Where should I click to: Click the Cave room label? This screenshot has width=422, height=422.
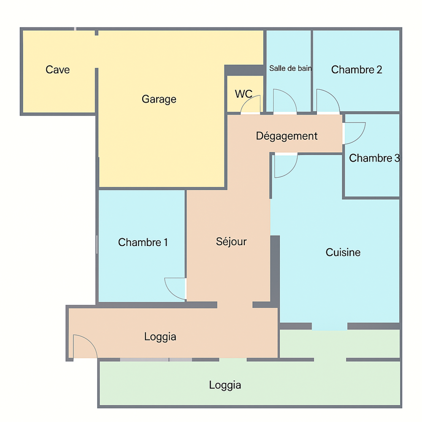point(57,70)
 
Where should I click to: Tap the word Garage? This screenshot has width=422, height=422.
point(159,99)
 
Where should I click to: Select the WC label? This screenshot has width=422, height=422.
point(243,94)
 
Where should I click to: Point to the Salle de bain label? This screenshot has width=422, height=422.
point(290,68)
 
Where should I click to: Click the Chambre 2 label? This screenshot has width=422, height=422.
point(357,70)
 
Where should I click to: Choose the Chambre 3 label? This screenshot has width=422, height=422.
point(374,158)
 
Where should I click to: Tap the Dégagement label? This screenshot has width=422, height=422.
point(287,136)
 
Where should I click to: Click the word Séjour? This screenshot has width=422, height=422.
point(231,242)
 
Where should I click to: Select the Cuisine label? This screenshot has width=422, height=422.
point(343,252)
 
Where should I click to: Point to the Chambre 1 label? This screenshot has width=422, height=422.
point(143,243)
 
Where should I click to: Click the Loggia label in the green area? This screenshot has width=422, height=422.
point(225,385)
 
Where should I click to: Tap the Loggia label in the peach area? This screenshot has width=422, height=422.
point(160,337)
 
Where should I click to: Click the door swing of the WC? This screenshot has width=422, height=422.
point(251,104)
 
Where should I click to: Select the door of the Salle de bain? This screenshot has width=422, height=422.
point(285,101)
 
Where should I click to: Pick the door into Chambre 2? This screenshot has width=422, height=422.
point(328,101)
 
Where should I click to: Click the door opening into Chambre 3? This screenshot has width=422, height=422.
point(354,133)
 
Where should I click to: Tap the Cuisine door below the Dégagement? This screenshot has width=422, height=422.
point(286,165)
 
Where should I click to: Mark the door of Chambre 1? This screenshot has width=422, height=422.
point(175,289)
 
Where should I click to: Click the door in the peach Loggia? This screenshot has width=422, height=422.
point(85,346)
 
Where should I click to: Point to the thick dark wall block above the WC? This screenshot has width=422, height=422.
point(244,70)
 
